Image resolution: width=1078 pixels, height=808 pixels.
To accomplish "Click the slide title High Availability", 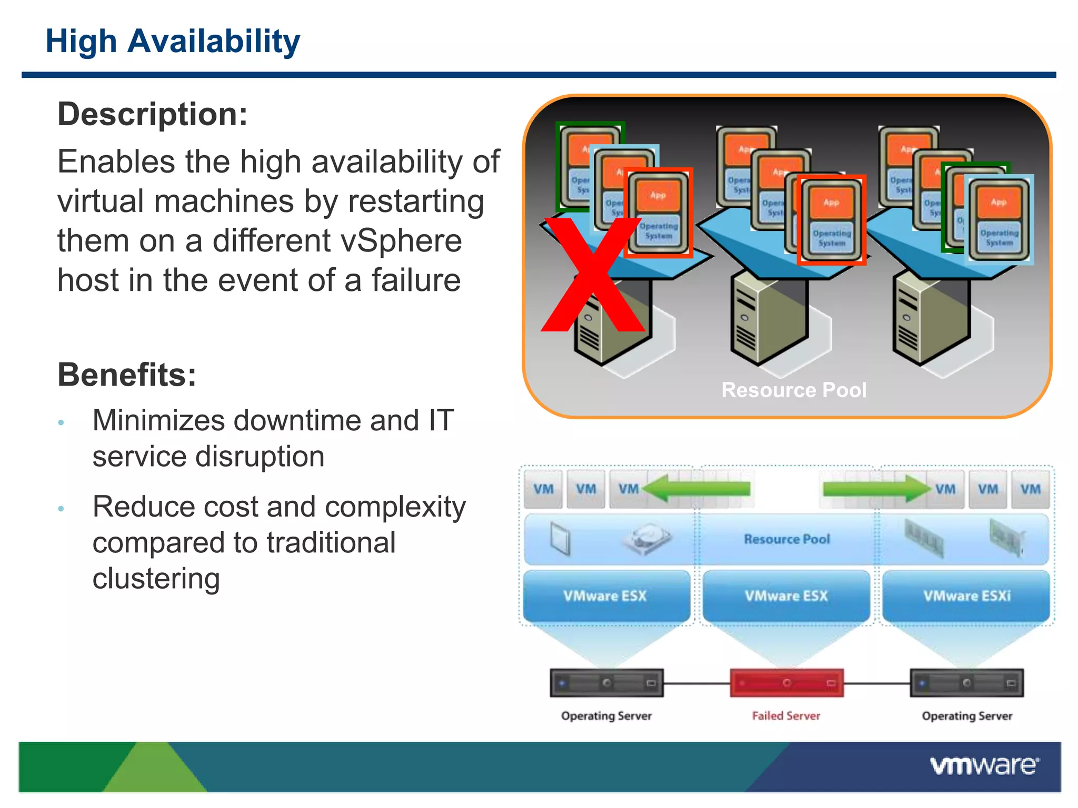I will pos(173,42).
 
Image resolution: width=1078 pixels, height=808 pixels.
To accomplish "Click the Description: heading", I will pos(153,114).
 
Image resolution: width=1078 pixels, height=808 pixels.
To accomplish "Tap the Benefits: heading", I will pos(127,375).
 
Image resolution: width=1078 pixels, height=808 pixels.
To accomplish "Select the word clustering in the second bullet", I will pos(156,579).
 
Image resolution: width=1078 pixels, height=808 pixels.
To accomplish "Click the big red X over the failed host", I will pos(592,276).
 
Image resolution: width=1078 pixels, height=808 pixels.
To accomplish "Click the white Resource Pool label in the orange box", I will pos(793,390).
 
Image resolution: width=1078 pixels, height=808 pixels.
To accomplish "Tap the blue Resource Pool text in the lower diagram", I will pos(786,539).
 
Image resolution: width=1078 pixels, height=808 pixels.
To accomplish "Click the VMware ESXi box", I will pos(966,596).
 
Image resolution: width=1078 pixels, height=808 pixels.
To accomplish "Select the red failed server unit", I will pos(786,683).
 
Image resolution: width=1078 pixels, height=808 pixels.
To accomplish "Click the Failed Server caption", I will pos(786,716).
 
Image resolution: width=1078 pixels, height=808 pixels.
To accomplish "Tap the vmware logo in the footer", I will pos(984,766).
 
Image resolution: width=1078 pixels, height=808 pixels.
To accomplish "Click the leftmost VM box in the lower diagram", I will pos(543,489).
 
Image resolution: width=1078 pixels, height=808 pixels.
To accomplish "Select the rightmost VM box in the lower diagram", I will pos(1030,489).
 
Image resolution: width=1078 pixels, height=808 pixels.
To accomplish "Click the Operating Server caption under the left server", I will pos(606,716).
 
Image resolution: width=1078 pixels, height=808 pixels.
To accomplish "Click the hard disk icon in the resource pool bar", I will pos(646,539).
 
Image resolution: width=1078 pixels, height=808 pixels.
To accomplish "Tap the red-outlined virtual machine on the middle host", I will pos(831,220).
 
